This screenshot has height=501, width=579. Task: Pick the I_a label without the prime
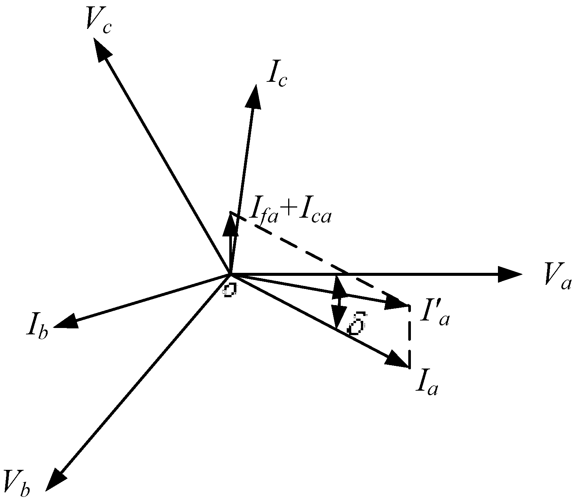click(x=426, y=383)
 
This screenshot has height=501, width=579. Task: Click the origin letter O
click(x=229, y=290)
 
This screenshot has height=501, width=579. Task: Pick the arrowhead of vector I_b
click(x=66, y=322)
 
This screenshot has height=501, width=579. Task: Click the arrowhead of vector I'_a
click(x=397, y=302)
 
